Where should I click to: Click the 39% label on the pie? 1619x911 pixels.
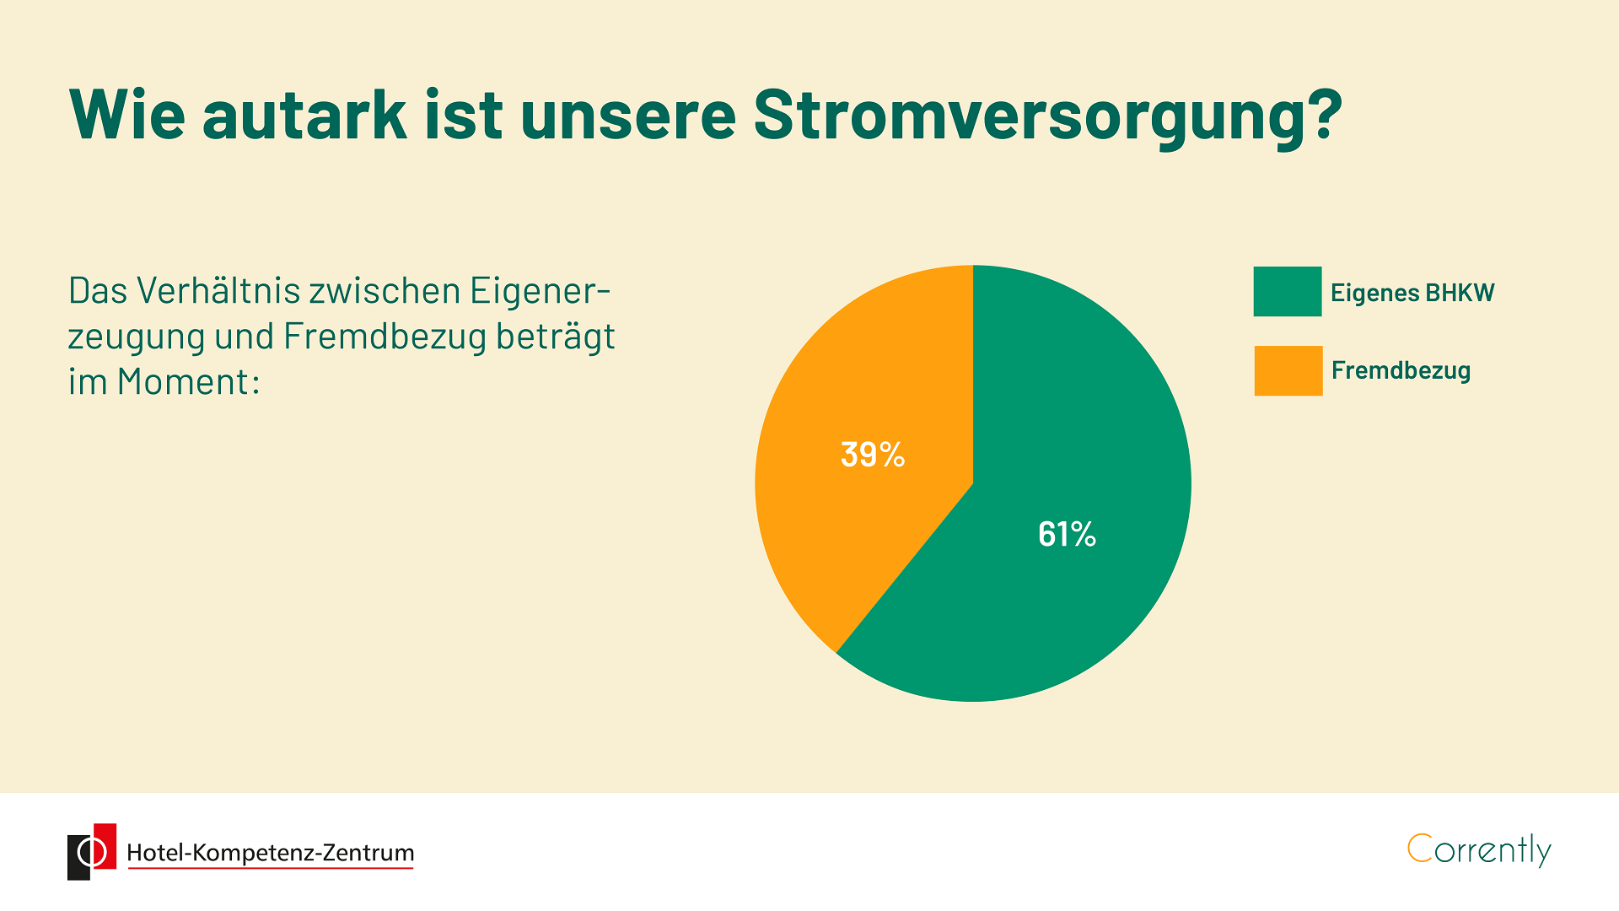(x=873, y=455)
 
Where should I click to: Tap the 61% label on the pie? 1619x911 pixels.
(x=1067, y=534)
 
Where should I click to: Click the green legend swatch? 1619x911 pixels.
(x=1288, y=292)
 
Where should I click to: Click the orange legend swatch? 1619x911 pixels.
(x=1288, y=370)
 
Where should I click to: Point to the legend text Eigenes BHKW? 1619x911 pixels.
(x=1412, y=293)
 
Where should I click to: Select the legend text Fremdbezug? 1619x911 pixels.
(x=1401, y=370)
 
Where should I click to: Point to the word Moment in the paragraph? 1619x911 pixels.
(x=183, y=381)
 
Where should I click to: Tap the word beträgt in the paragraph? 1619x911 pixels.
(x=556, y=337)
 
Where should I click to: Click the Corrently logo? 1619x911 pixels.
(x=1479, y=850)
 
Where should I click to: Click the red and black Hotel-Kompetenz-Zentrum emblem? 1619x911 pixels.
(x=92, y=852)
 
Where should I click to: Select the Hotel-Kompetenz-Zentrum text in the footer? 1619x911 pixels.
(x=270, y=853)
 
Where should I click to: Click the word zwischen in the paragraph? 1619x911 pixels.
(x=385, y=290)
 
